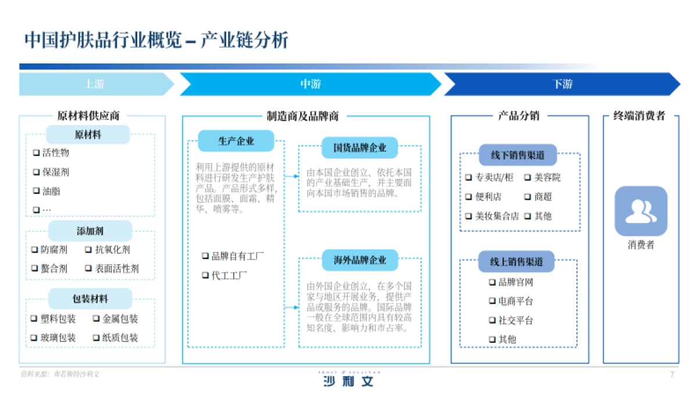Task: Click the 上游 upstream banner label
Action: pyautogui.click(x=95, y=84)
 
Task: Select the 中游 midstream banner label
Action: pyautogui.click(x=310, y=84)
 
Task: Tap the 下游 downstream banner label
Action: pyautogui.click(x=562, y=84)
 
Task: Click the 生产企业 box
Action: pyautogui.click(x=236, y=141)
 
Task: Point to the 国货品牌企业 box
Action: pyautogui.click(x=359, y=148)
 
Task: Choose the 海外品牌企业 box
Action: pyautogui.click(x=359, y=260)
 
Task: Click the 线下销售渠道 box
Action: pyautogui.click(x=518, y=155)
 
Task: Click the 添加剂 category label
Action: pyautogui.click(x=90, y=231)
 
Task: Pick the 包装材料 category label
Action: pyautogui.click(x=90, y=299)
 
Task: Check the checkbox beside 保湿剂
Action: pyautogui.click(x=36, y=172)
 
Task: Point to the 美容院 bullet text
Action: pyautogui.click(x=547, y=178)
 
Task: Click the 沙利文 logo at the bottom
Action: pyautogui.click(x=348, y=381)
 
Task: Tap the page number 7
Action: pyautogui.click(x=672, y=374)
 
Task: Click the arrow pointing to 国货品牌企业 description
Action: pyautogui.click(x=291, y=175)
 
